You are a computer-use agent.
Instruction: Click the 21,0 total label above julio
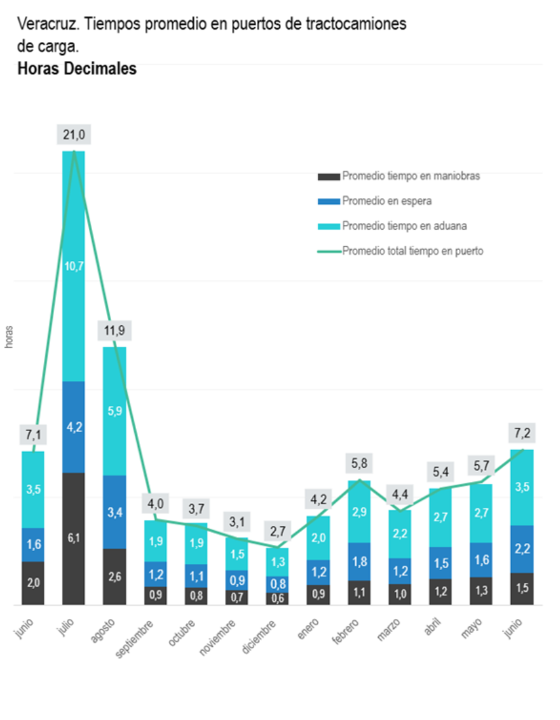pyautogui.click(x=74, y=135)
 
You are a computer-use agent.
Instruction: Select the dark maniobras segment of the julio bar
pyautogui.click(x=74, y=538)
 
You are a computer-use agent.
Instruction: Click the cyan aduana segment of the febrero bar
pyautogui.click(x=359, y=511)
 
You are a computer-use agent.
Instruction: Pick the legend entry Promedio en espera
pyautogui.click(x=386, y=201)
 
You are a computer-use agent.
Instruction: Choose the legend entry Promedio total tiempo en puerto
pyautogui.click(x=413, y=251)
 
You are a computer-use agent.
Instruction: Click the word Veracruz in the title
pyautogui.click(x=46, y=25)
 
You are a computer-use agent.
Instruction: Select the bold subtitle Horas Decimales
pyautogui.click(x=77, y=69)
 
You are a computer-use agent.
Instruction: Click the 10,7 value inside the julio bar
pyautogui.click(x=74, y=267)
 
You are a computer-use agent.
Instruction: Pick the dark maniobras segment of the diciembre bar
pyautogui.click(x=277, y=598)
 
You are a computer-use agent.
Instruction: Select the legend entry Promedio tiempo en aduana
pyautogui.click(x=404, y=226)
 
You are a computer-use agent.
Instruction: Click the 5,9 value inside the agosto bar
pyautogui.click(x=114, y=411)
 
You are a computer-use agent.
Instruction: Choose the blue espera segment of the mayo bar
pyautogui.click(x=481, y=559)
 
